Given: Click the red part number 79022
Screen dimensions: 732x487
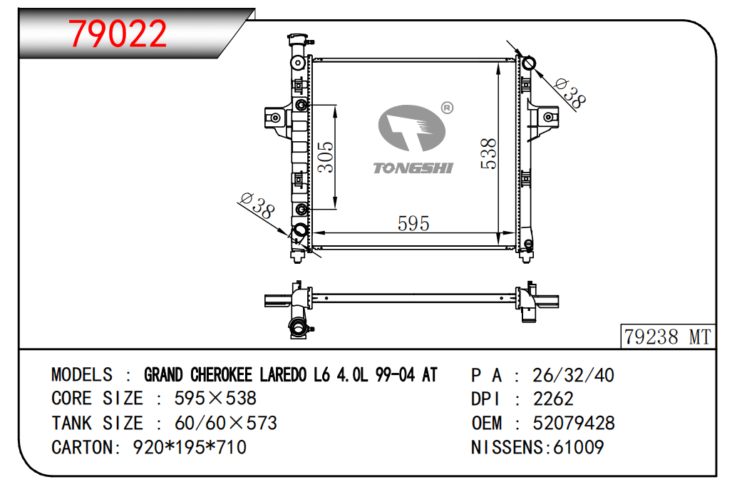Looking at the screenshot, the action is (118, 34).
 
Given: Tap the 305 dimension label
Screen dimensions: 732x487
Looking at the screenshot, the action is (326, 157).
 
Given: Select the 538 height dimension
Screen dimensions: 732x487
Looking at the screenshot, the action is (489, 153).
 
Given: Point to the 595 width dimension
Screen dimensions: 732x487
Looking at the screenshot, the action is (413, 224).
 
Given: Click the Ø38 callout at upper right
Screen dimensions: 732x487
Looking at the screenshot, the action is (570, 93).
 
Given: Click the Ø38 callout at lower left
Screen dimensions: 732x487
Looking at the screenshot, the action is (257, 205).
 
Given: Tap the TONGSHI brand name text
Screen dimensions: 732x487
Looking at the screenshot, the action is (413, 168).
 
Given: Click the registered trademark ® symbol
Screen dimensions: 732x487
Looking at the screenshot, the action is (447, 108).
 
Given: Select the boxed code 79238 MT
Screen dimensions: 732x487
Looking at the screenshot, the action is (668, 337).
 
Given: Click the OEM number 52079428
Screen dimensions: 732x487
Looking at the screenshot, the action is (574, 423).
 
